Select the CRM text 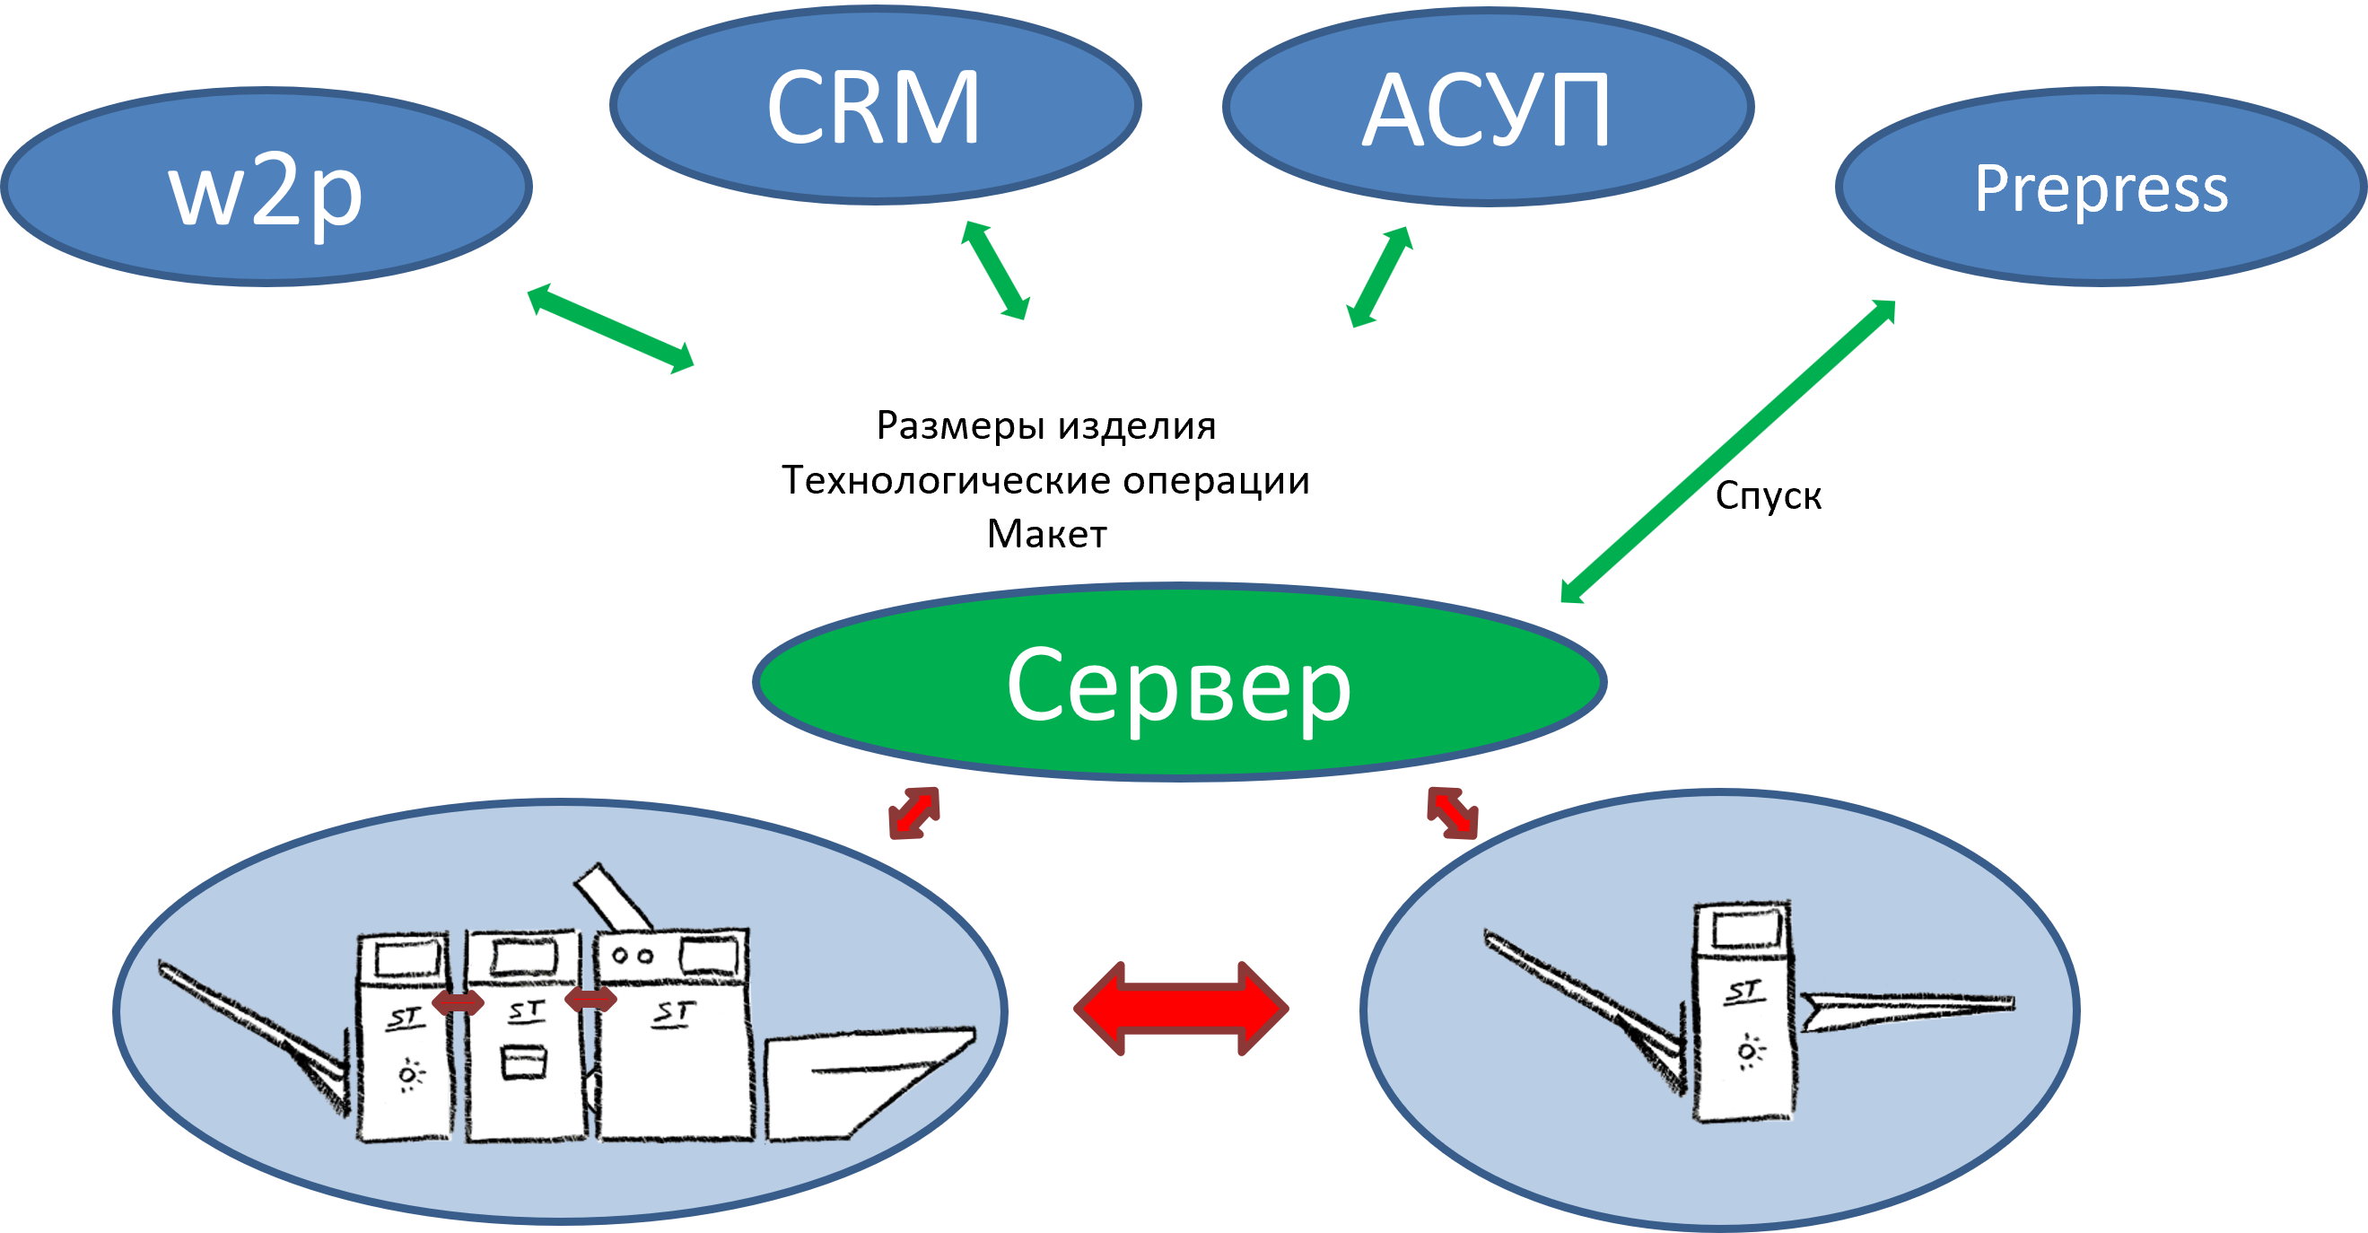pos(873,109)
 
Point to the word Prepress pos(2101,189)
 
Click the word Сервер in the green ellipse pos(1178,685)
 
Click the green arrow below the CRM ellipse pos(994,270)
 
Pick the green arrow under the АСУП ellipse pos(1380,276)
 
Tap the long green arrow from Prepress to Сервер pos(1728,451)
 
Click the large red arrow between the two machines pos(1180,1009)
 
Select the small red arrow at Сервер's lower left pos(913,813)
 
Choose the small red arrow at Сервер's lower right pos(1453,813)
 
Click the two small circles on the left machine pos(633,956)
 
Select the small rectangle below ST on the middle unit pos(524,1062)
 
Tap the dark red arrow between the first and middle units pos(458,1003)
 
